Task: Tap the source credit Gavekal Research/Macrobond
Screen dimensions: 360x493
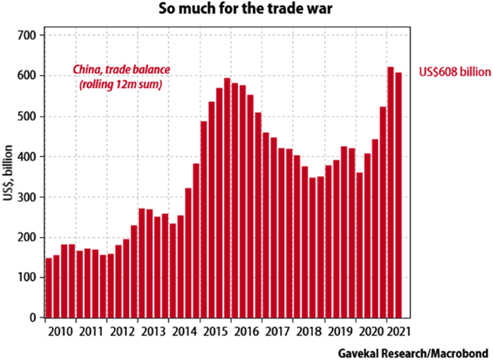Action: (x=414, y=351)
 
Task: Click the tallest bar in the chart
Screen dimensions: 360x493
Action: (x=390, y=192)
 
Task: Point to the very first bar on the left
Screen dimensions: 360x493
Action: (x=49, y=287)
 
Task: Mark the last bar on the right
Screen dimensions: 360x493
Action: (x=399, y=195)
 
